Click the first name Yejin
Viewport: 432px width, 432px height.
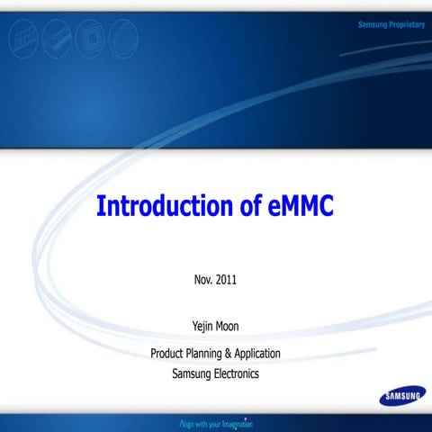(x=200, y=327)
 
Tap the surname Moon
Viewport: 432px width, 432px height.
(x=229, y=327)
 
